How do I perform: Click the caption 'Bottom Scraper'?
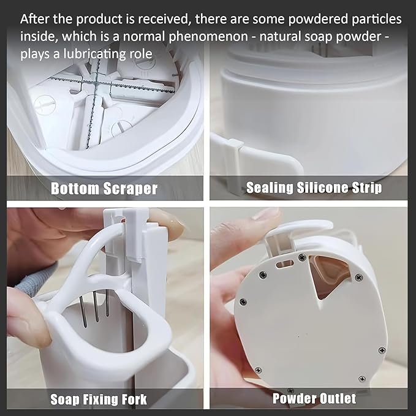(x=104, y=188)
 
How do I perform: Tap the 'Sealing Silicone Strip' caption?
(x=314, y=188)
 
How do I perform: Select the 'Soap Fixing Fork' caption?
(x=99, y=399)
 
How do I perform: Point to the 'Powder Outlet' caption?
(x=314, y=398)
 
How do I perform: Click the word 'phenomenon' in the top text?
(x=208, y=37)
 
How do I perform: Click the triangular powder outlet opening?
(x=329, y=276)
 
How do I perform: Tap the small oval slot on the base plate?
(x=286, y=264)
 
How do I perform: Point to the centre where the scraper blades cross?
(x=95, y=83)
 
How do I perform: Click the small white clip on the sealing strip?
(x=236, y=145)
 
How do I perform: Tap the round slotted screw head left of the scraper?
(x=45, y=105)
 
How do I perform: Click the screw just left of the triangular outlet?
(x=302, y=257)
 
